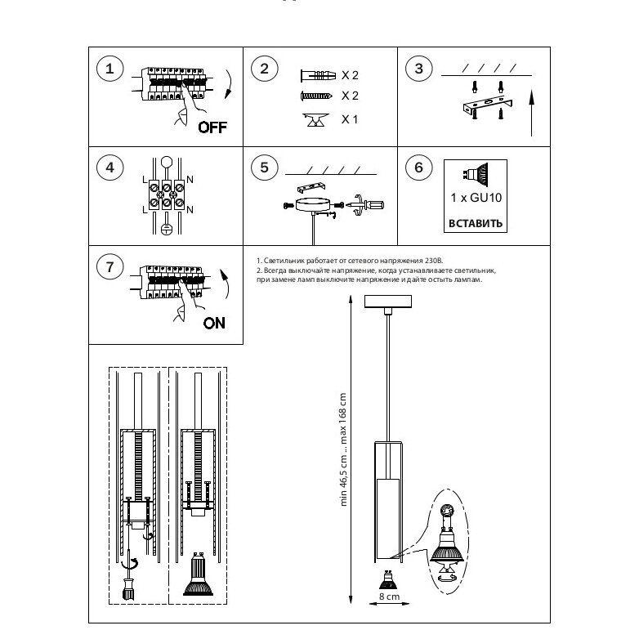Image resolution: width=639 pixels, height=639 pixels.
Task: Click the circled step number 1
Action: point(109,69)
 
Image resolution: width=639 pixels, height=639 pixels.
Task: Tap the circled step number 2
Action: point(264,69)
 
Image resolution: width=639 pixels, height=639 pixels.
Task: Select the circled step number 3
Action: point(418,69)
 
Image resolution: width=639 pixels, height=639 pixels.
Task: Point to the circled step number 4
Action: point(109,168)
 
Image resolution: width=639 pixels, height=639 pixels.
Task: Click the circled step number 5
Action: point(264,168)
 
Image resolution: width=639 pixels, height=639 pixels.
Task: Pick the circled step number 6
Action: point(418,168)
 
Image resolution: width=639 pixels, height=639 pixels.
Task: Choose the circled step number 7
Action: point(109,266)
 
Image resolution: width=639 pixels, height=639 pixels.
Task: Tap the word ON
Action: point(214,322)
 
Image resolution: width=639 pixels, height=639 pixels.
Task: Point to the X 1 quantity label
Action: point(350,119)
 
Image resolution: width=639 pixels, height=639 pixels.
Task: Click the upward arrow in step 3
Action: point(531,114)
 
